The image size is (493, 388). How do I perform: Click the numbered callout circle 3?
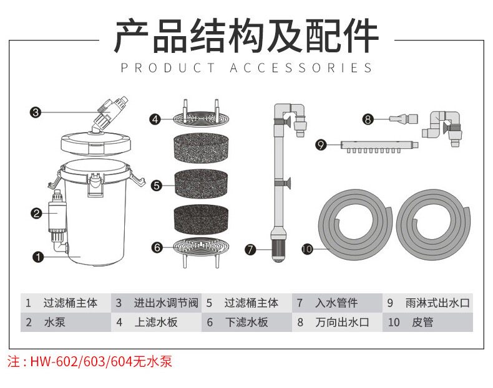(x=36, y=113)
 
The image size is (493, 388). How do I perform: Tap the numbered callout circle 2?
(x=36, y=214)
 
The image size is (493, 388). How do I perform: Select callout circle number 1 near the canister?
(x=38, y=256)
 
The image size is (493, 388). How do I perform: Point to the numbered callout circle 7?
(x=250, y=250)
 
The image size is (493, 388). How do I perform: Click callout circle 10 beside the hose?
(x=306, y=248)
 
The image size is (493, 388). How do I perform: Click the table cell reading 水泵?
(x=54, y=323)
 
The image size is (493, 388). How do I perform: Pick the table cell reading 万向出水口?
(x=341, y=323)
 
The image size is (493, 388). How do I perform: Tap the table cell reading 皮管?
(x=422, y=323)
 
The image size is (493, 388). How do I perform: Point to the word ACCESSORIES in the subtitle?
(x=301, y=68)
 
